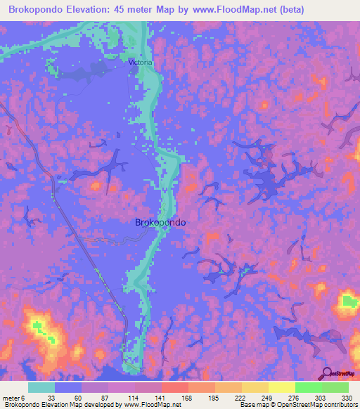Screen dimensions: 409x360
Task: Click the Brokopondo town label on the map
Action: click(160, 222)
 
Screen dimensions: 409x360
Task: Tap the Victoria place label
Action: click(140, 63)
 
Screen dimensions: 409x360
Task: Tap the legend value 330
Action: click(347, 398)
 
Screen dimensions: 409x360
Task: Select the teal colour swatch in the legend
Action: click(41, 387)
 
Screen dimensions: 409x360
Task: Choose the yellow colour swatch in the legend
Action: click(281, 387)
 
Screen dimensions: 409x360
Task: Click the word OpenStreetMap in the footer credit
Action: click(285, 405)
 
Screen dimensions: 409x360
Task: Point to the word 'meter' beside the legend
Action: click(12, 398)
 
